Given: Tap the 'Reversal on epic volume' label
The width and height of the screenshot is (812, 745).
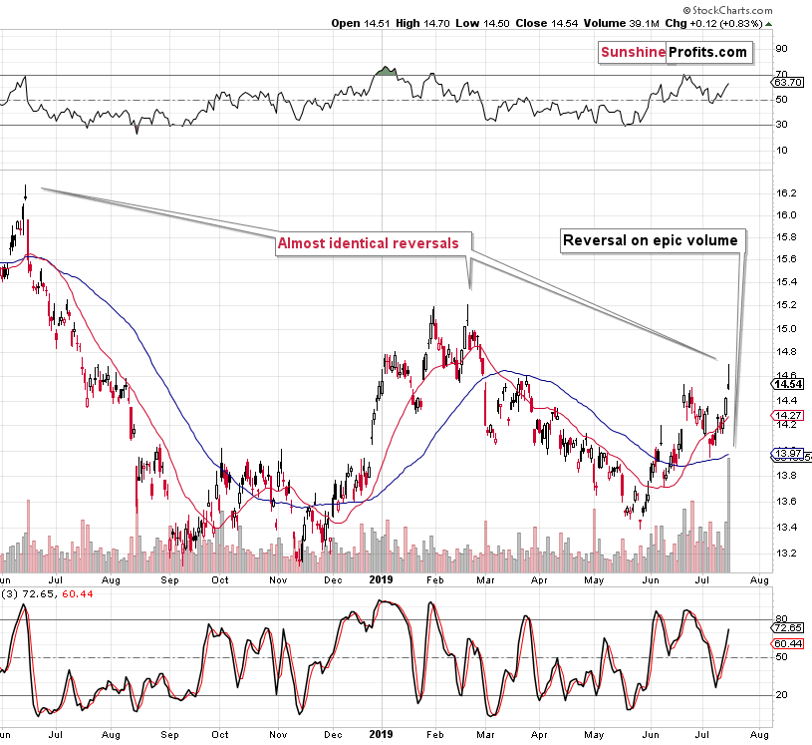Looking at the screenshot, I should point(650,239).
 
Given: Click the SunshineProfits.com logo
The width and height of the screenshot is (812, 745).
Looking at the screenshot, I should point(674,51).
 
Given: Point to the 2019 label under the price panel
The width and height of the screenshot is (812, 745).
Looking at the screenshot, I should point(383,577).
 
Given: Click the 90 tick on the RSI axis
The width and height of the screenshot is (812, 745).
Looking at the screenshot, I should point(782,47).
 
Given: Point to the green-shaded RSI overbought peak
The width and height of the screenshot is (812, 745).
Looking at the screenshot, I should point(384,72).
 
